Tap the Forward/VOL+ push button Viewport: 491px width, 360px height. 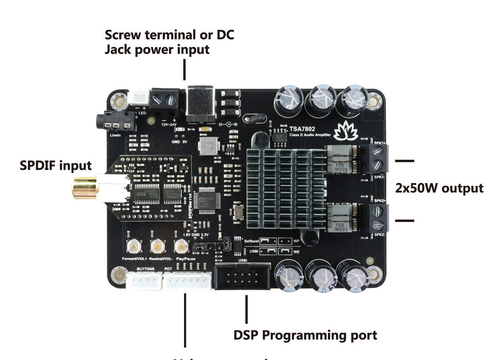(134, 247)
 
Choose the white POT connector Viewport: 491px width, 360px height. (187, 280)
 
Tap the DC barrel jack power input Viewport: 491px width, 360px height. (201, 104)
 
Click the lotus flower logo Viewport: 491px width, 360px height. (346, 132)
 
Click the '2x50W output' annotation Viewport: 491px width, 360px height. (439, 188)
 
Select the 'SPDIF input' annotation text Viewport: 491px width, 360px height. (56, 165)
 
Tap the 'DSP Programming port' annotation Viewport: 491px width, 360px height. (305, 335)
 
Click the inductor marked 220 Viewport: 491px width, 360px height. (206, 148)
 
